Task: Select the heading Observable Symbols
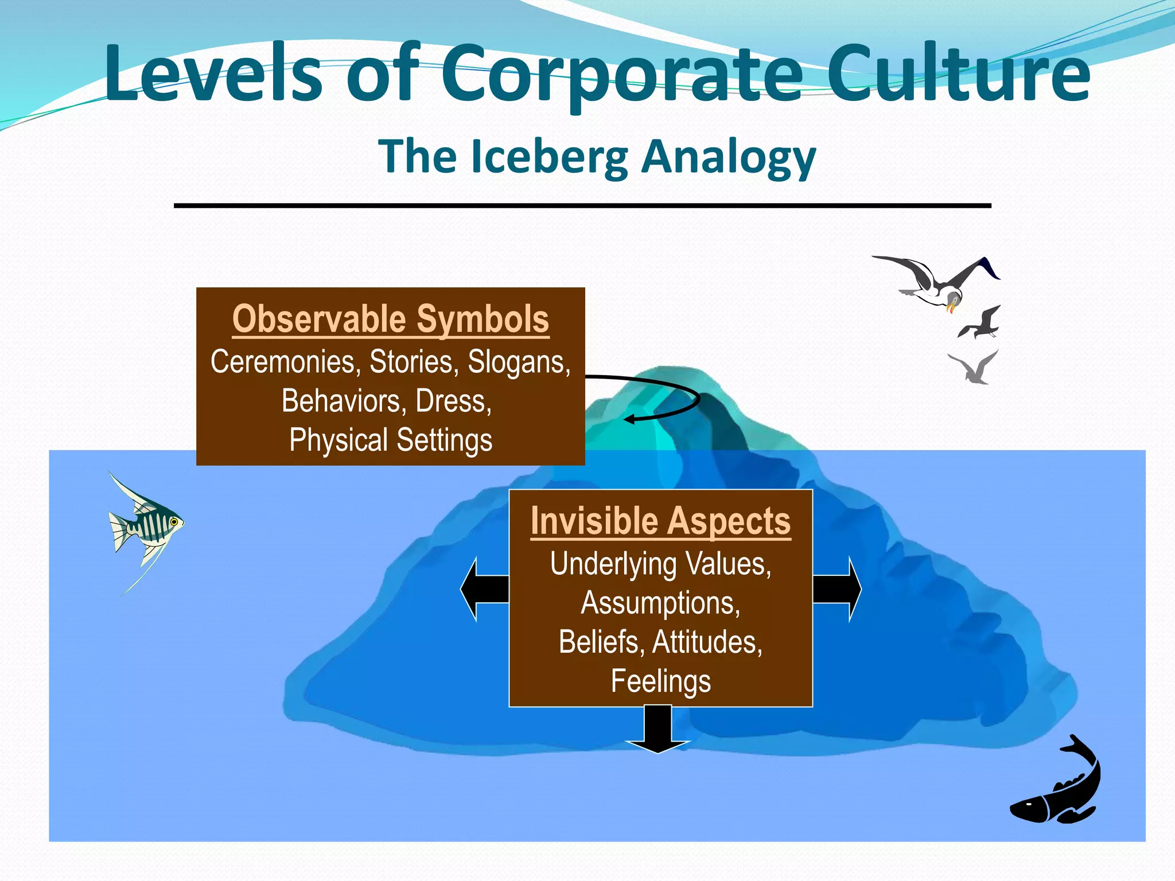click(x=391, y=319)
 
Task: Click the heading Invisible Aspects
click(x=660, y=521)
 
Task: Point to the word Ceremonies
click(x=285, y=362)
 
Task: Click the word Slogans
click(x=519, y=362)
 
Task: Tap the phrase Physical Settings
click(x=391, y=440)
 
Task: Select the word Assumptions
click(x=660, y=603)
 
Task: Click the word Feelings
click(x=660, y=681)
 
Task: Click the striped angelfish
click(x=148, y=523)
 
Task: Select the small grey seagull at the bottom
click(x=976, y=369)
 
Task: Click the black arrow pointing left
click(x=484, y=588)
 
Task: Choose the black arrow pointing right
click(x=838, y=588)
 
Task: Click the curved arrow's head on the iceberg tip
click(x=629, y=419)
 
